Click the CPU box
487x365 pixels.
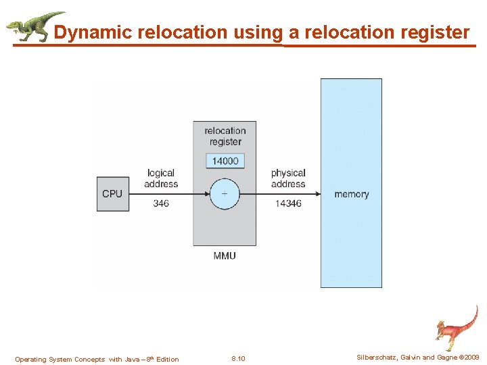(x=112, y=194)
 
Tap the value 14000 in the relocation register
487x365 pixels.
(x=225, y=161)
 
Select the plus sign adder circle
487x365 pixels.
(x=225, y=194)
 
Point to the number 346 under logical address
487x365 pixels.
(x=161, y=203)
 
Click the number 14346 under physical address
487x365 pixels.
(x=288, y=203)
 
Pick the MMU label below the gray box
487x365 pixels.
(x=225, y=255)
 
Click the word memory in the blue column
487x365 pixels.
(x=352, y=194)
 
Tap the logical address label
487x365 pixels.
(x=161, y=178)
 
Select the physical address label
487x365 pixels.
(x=288, y=178)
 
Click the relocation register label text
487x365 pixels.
(x=225, y=136)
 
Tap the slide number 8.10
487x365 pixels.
(x=238, y=359)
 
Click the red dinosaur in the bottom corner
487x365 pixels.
(x=457, y=327)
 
